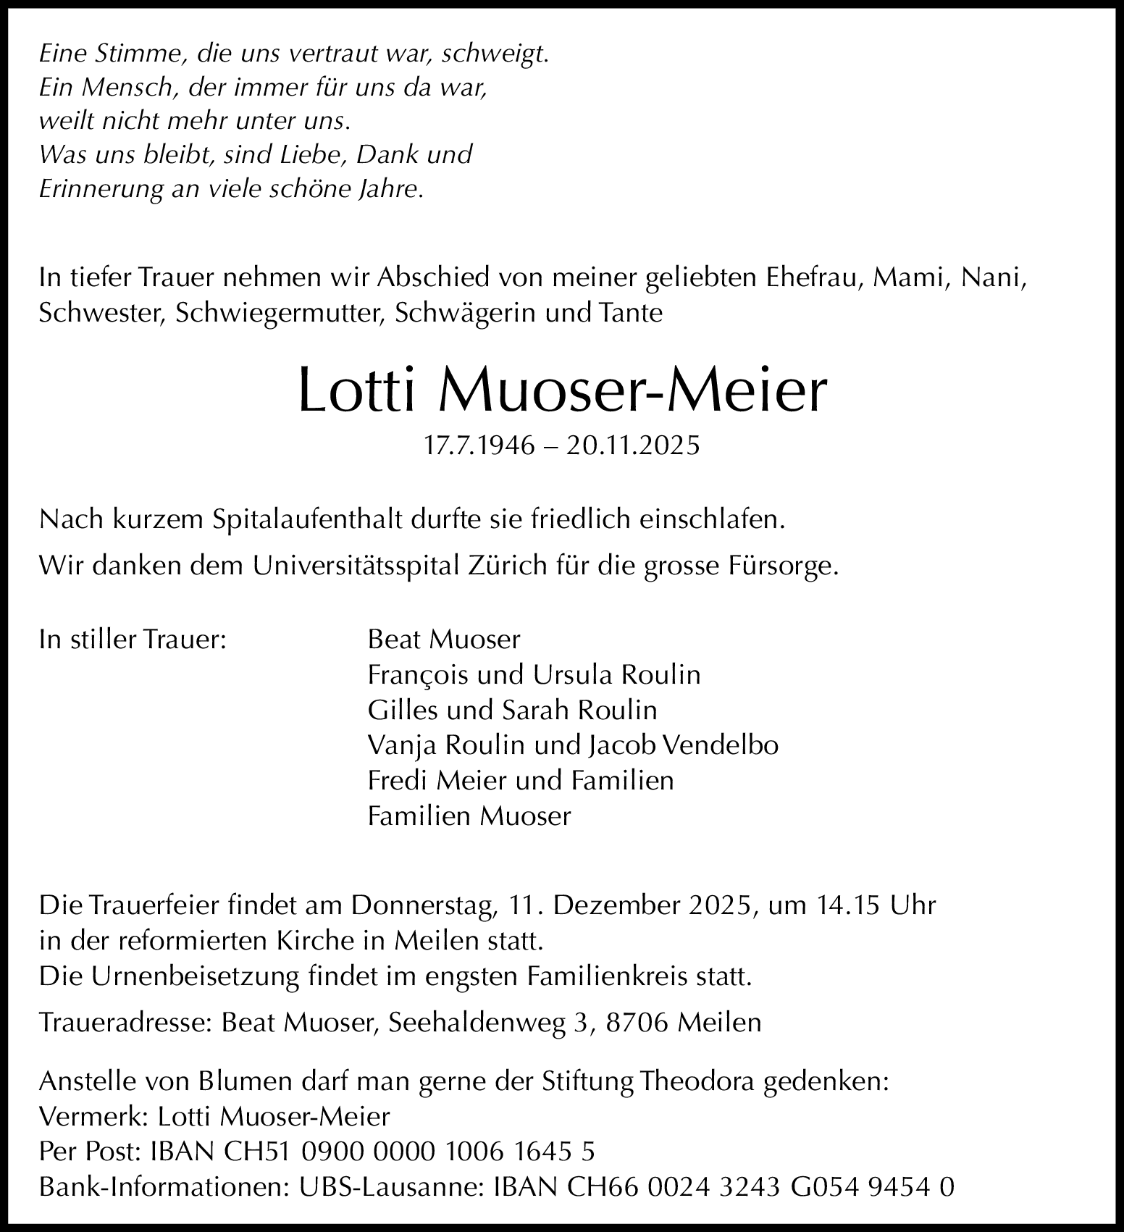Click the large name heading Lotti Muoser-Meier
point(562,391)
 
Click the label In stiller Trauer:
point(133,640)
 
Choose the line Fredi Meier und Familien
point(521,781)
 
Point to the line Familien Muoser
point(469,816)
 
